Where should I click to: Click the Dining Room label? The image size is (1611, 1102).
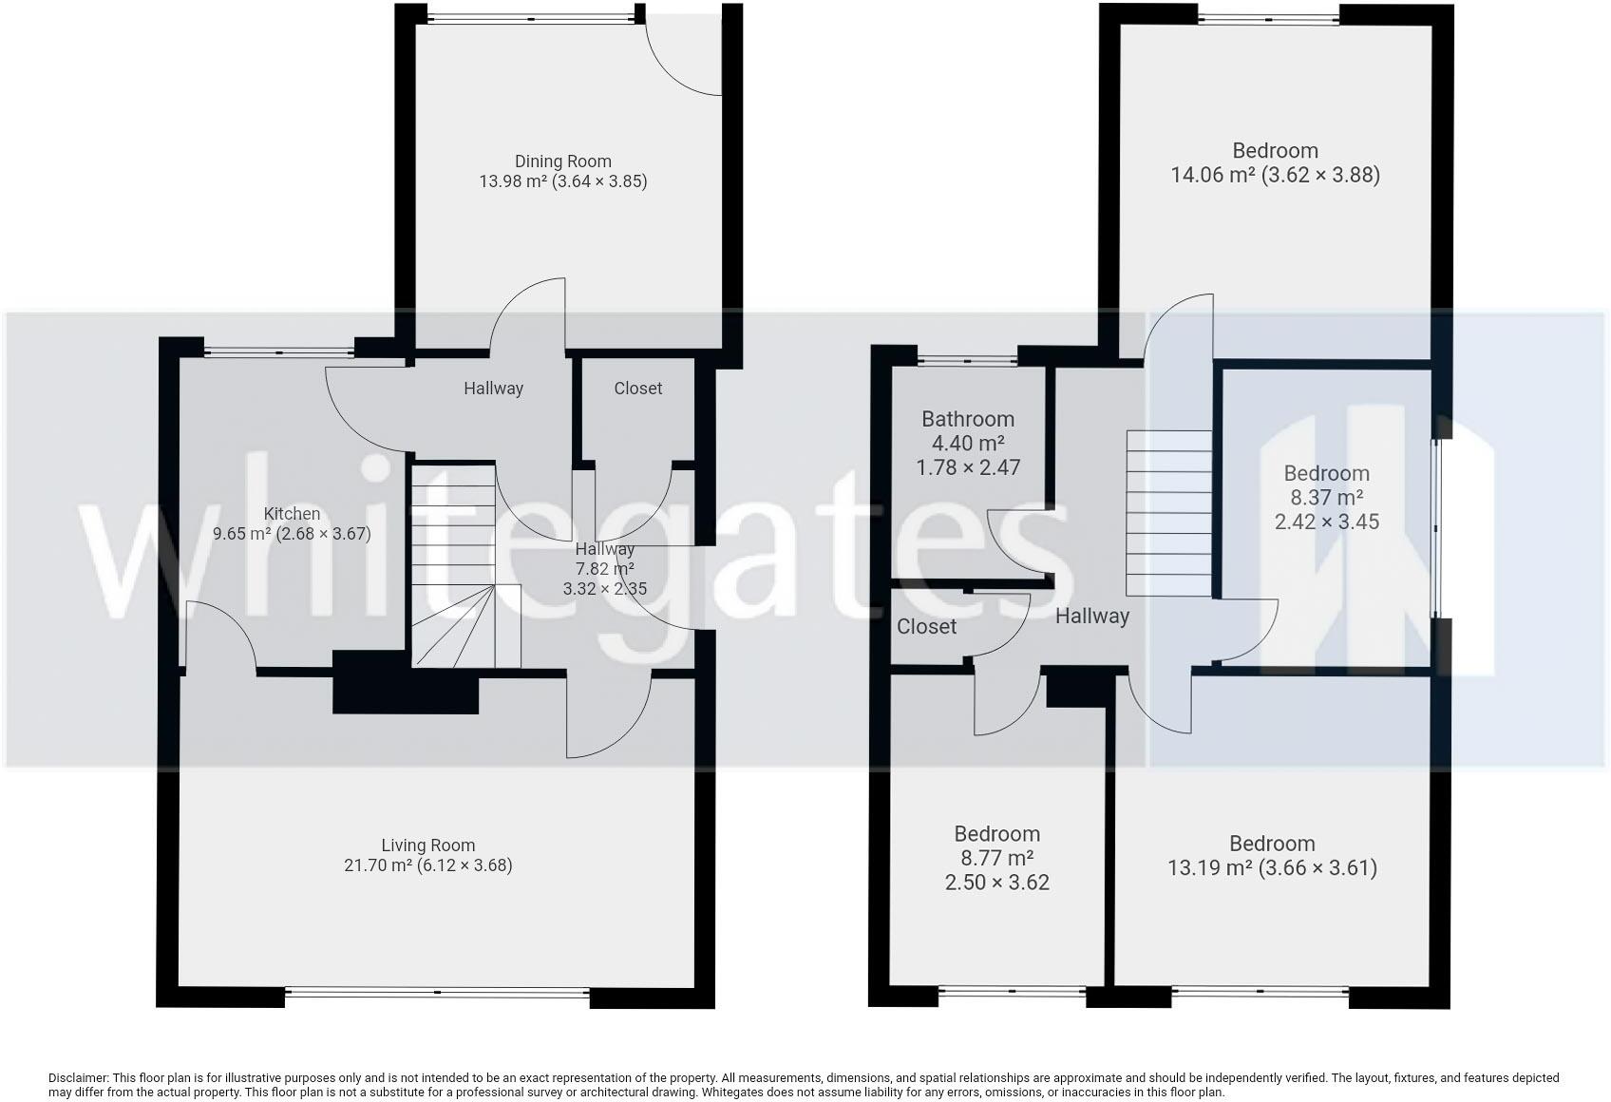(562, 161)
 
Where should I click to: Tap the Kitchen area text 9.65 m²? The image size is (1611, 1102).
(242, 534)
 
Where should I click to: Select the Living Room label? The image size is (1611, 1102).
(427, 845)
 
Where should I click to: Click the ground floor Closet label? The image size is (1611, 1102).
(637, 389)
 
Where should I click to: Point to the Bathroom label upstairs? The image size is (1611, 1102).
(968, 419)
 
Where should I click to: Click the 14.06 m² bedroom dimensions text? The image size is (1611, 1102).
(1275, 175)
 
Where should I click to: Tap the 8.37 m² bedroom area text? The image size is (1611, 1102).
(1326, 498)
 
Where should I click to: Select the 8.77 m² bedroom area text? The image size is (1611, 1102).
(996, 859)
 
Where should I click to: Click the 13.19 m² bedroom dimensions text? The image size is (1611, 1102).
(1272, 867)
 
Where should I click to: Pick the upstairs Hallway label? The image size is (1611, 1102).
(1092, 617)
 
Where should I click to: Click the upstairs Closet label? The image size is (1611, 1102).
(926, 627)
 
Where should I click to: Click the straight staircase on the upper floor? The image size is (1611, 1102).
(1168, 513)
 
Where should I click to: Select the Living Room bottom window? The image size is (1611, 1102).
(437, 994)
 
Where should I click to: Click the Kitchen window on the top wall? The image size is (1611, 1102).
(278, 352)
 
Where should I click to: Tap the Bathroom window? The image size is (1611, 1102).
(967, 360)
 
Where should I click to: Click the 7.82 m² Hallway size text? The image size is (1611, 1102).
(604, 569)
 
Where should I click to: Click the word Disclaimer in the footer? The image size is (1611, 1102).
(77, 1078)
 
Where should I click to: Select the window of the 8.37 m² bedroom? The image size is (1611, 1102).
(1438, 528)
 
